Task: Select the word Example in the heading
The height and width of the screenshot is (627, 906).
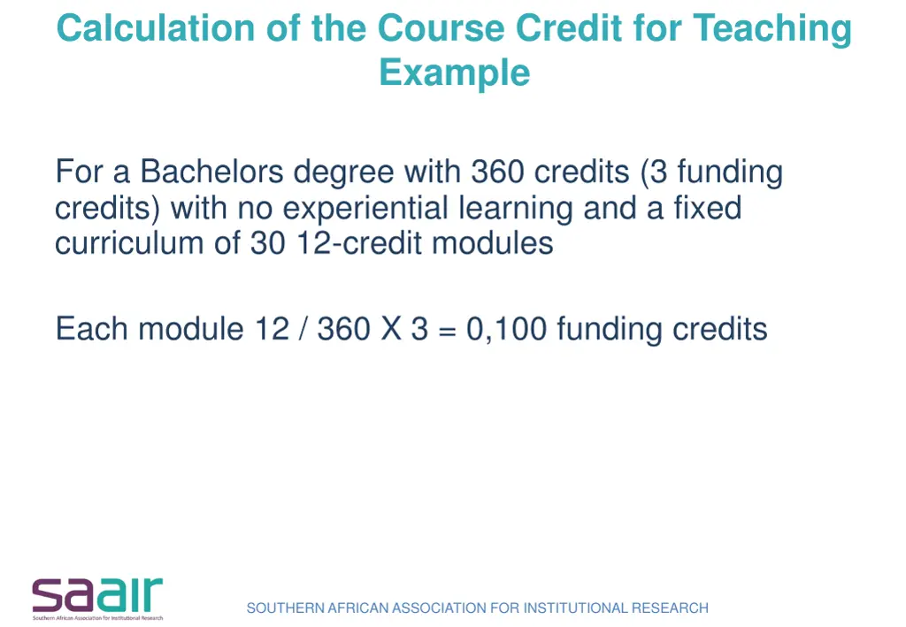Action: tap(454, 72)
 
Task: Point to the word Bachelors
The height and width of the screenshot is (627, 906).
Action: tap(212, 171)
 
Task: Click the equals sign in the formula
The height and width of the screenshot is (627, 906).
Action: tap(447, 330)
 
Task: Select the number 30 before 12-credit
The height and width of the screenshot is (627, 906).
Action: tap(267, 242)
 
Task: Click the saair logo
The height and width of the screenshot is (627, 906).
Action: tap(97, 597)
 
